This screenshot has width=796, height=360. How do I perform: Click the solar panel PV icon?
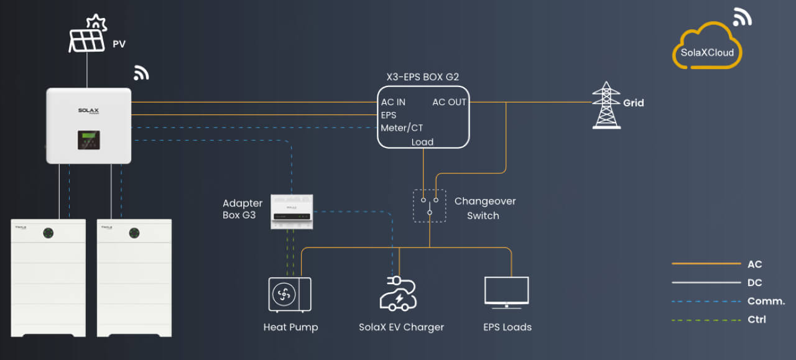click(87, 35)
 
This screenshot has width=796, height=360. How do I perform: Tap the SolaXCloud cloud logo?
click(707, 48)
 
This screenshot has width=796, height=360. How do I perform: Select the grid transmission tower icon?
click(606, 105)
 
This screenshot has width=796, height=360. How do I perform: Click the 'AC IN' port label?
click(393, 103)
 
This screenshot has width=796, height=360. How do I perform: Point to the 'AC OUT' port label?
click(449, 103)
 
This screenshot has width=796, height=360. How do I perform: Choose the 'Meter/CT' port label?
click(402, 128)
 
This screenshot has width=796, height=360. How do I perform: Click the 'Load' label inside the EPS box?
click(422, 142)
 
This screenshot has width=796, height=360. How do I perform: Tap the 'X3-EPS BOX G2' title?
click(423, 77)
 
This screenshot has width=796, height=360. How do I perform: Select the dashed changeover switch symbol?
click(429, 206)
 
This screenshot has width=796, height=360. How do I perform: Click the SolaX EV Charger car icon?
click(398, 293)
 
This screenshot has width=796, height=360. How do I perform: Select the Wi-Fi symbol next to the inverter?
click(141, 73)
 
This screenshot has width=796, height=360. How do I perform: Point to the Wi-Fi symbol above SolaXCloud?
click(741, 17)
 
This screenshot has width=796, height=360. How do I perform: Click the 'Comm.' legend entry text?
click(766, 302)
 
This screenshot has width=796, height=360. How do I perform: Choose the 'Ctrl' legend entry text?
click(756, 320)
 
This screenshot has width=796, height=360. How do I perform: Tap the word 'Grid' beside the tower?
click(633, 103)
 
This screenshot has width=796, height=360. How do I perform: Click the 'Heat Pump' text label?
click(290, 327)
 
